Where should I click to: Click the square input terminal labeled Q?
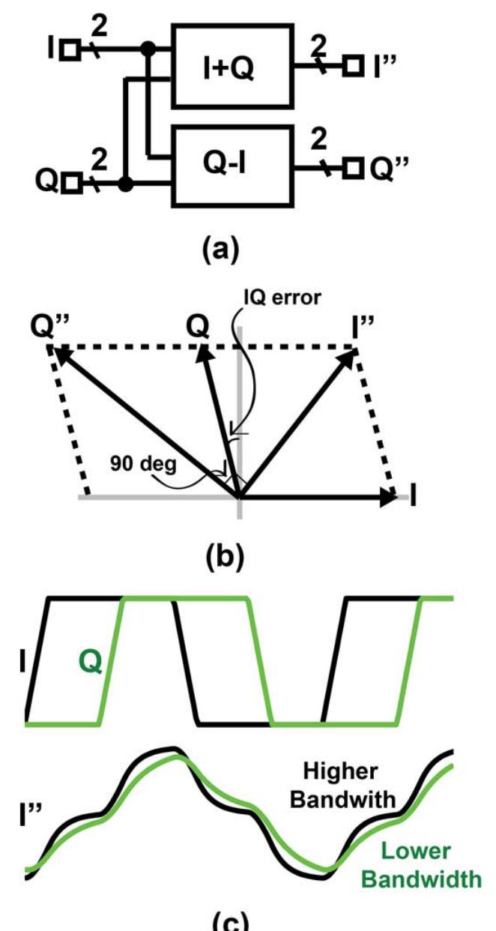click(x=70, y=182)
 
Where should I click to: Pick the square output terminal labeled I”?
click(x=351, y=67)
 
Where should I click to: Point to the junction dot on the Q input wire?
click(x=129, y=182)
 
